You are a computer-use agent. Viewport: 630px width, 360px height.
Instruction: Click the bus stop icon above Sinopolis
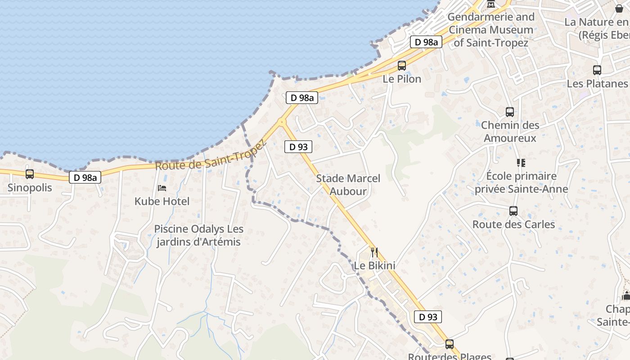(x=30, y=174)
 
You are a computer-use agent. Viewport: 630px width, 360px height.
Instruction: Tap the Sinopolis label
(x=30, y=188)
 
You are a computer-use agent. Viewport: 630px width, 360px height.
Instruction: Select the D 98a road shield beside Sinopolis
(x=85, y=178)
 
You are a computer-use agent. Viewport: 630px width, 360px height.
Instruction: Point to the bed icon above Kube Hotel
(x=162, y=188)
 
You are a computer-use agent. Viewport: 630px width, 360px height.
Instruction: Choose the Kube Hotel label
(x=162, y=201)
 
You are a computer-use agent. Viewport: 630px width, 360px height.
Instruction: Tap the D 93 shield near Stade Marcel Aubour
(x=298, y=147)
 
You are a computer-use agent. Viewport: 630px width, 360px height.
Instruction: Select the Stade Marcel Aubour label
(x=348, y=184)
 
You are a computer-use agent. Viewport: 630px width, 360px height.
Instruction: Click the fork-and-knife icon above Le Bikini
(x=374, y=252)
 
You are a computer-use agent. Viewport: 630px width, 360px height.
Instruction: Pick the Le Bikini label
(x=374, y=265)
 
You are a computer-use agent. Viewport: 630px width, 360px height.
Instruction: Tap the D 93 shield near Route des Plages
(x=428, y=317)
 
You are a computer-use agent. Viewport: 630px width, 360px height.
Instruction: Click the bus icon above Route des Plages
(x=449, y=344)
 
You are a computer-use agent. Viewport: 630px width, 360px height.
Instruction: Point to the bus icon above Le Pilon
(x=402, y=66)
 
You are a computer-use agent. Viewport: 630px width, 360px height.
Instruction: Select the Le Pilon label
(x=402, y=79)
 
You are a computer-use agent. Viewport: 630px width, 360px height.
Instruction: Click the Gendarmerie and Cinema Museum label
(x=491, y=30)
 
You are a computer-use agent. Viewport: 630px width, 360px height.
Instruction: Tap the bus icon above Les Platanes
(x=597, y=70)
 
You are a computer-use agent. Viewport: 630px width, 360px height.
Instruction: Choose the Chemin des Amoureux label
(x=510, y=131)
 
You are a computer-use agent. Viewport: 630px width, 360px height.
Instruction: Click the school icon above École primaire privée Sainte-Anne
(x=521, y=162)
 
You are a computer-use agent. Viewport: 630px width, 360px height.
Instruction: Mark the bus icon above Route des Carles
(x=513, y=211)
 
